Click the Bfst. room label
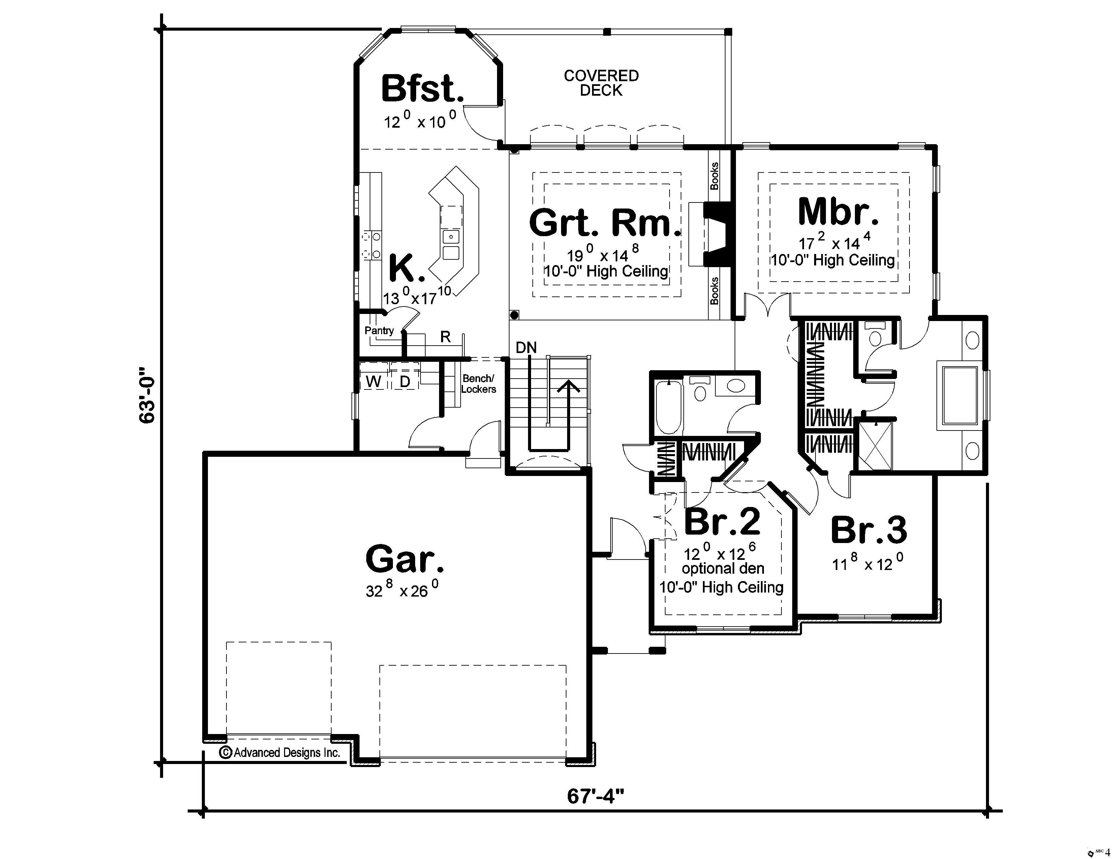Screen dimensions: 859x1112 [x=422, y=89]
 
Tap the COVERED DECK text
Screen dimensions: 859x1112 [x=601, y=83]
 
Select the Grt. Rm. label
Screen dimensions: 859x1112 [x=605, y=223]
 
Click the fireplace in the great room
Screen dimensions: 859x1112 [x=717, y=234]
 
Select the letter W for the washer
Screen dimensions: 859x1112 [x=374, y=381]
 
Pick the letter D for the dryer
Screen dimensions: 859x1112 [x=405, y=381]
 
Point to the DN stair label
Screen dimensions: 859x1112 [x=526, y=348]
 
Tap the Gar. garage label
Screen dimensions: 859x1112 [x=405, y=559]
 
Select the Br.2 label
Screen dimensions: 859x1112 [x=722, y=521]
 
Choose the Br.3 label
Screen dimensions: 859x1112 [x=869, y=530]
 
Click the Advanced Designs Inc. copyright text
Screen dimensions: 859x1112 [x=280, y=753]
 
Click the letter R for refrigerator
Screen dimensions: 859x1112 [x=445, y=337]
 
